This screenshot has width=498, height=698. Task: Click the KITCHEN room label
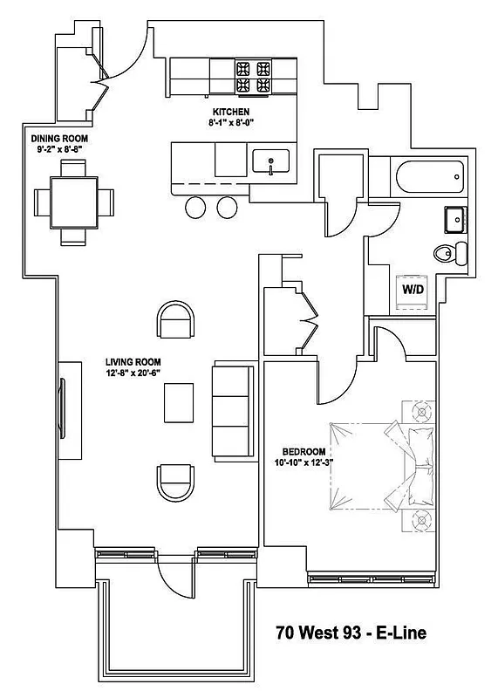[231, 112]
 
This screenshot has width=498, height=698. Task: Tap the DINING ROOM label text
[60, 139]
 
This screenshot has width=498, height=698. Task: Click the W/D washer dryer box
[413, 289]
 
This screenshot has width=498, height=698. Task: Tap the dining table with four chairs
[73, 202]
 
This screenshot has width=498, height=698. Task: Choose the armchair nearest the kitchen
[176, 321]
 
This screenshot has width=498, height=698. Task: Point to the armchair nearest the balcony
[176, 482]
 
